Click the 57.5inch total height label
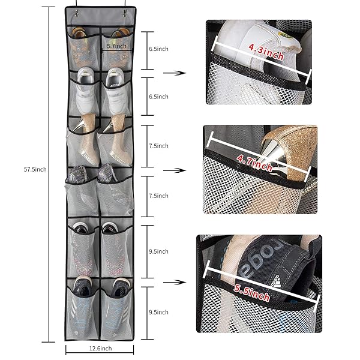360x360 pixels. [35, 169]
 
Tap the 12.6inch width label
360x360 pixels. [100, 349]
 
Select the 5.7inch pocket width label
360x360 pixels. [116, 46]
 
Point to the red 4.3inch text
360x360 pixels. [266, 52]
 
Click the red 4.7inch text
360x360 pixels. [254, 163]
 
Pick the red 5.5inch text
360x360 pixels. [251, 293]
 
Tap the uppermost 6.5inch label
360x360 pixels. [158, 49]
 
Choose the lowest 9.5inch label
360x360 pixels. [158, 312]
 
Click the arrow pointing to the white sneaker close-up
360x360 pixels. [175, 73]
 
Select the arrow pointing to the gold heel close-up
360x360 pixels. [175, 170]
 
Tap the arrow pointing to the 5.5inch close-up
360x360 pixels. [175, 282]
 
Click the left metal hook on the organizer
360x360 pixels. [76, 13]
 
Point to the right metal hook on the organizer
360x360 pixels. [124, 13]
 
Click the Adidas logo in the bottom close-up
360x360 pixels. [276, 281]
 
